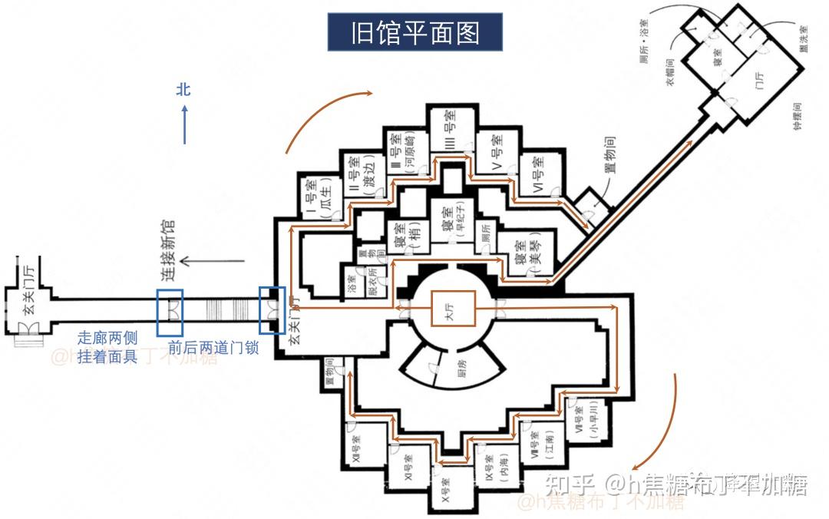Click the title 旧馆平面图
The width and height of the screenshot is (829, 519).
[x=415, y=33]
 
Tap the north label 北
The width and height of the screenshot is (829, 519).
[x=183, y=90]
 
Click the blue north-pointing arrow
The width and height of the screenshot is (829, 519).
[x=184, y=124]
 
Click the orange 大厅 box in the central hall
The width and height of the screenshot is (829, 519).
[x=452, y=309]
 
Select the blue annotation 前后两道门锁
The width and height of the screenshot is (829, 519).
[x=213, y=347]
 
